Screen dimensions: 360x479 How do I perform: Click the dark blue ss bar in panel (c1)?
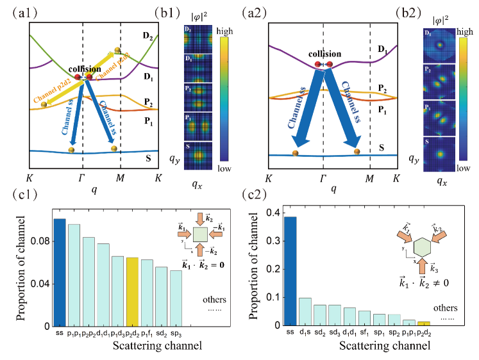59,272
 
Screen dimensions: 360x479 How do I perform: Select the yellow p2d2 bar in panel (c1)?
133,291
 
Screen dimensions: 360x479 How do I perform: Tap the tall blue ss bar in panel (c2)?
290,271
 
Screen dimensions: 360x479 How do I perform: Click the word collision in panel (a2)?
324,54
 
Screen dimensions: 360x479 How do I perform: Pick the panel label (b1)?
170,11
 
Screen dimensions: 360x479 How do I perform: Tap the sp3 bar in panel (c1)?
175,298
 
